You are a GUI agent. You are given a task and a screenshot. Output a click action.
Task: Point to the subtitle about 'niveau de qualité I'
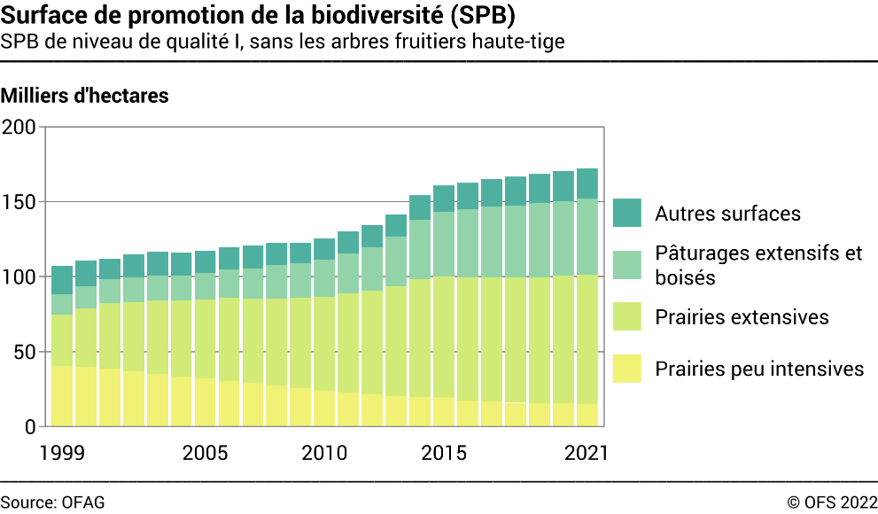(283, 42)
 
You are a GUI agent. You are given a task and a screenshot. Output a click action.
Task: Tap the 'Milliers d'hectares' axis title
(85, 96)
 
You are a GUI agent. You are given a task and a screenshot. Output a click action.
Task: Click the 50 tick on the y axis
(23, 353)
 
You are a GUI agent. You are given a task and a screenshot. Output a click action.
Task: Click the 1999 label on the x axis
(62, 452)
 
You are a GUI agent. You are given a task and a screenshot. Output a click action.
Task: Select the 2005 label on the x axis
(205, 452)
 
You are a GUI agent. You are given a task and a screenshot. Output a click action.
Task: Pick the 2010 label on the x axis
(324, 452)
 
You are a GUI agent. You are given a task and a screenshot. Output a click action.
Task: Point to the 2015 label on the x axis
(444, 452)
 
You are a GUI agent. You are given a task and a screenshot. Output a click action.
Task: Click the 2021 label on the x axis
(587, 452)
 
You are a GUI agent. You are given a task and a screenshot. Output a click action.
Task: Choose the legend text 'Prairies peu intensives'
(759, 369)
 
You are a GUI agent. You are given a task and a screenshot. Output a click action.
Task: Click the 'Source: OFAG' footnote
(52, 502)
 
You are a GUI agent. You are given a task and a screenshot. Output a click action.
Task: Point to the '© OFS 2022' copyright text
(832, 502)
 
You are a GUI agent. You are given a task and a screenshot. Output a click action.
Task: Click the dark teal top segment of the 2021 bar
(587, 183)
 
